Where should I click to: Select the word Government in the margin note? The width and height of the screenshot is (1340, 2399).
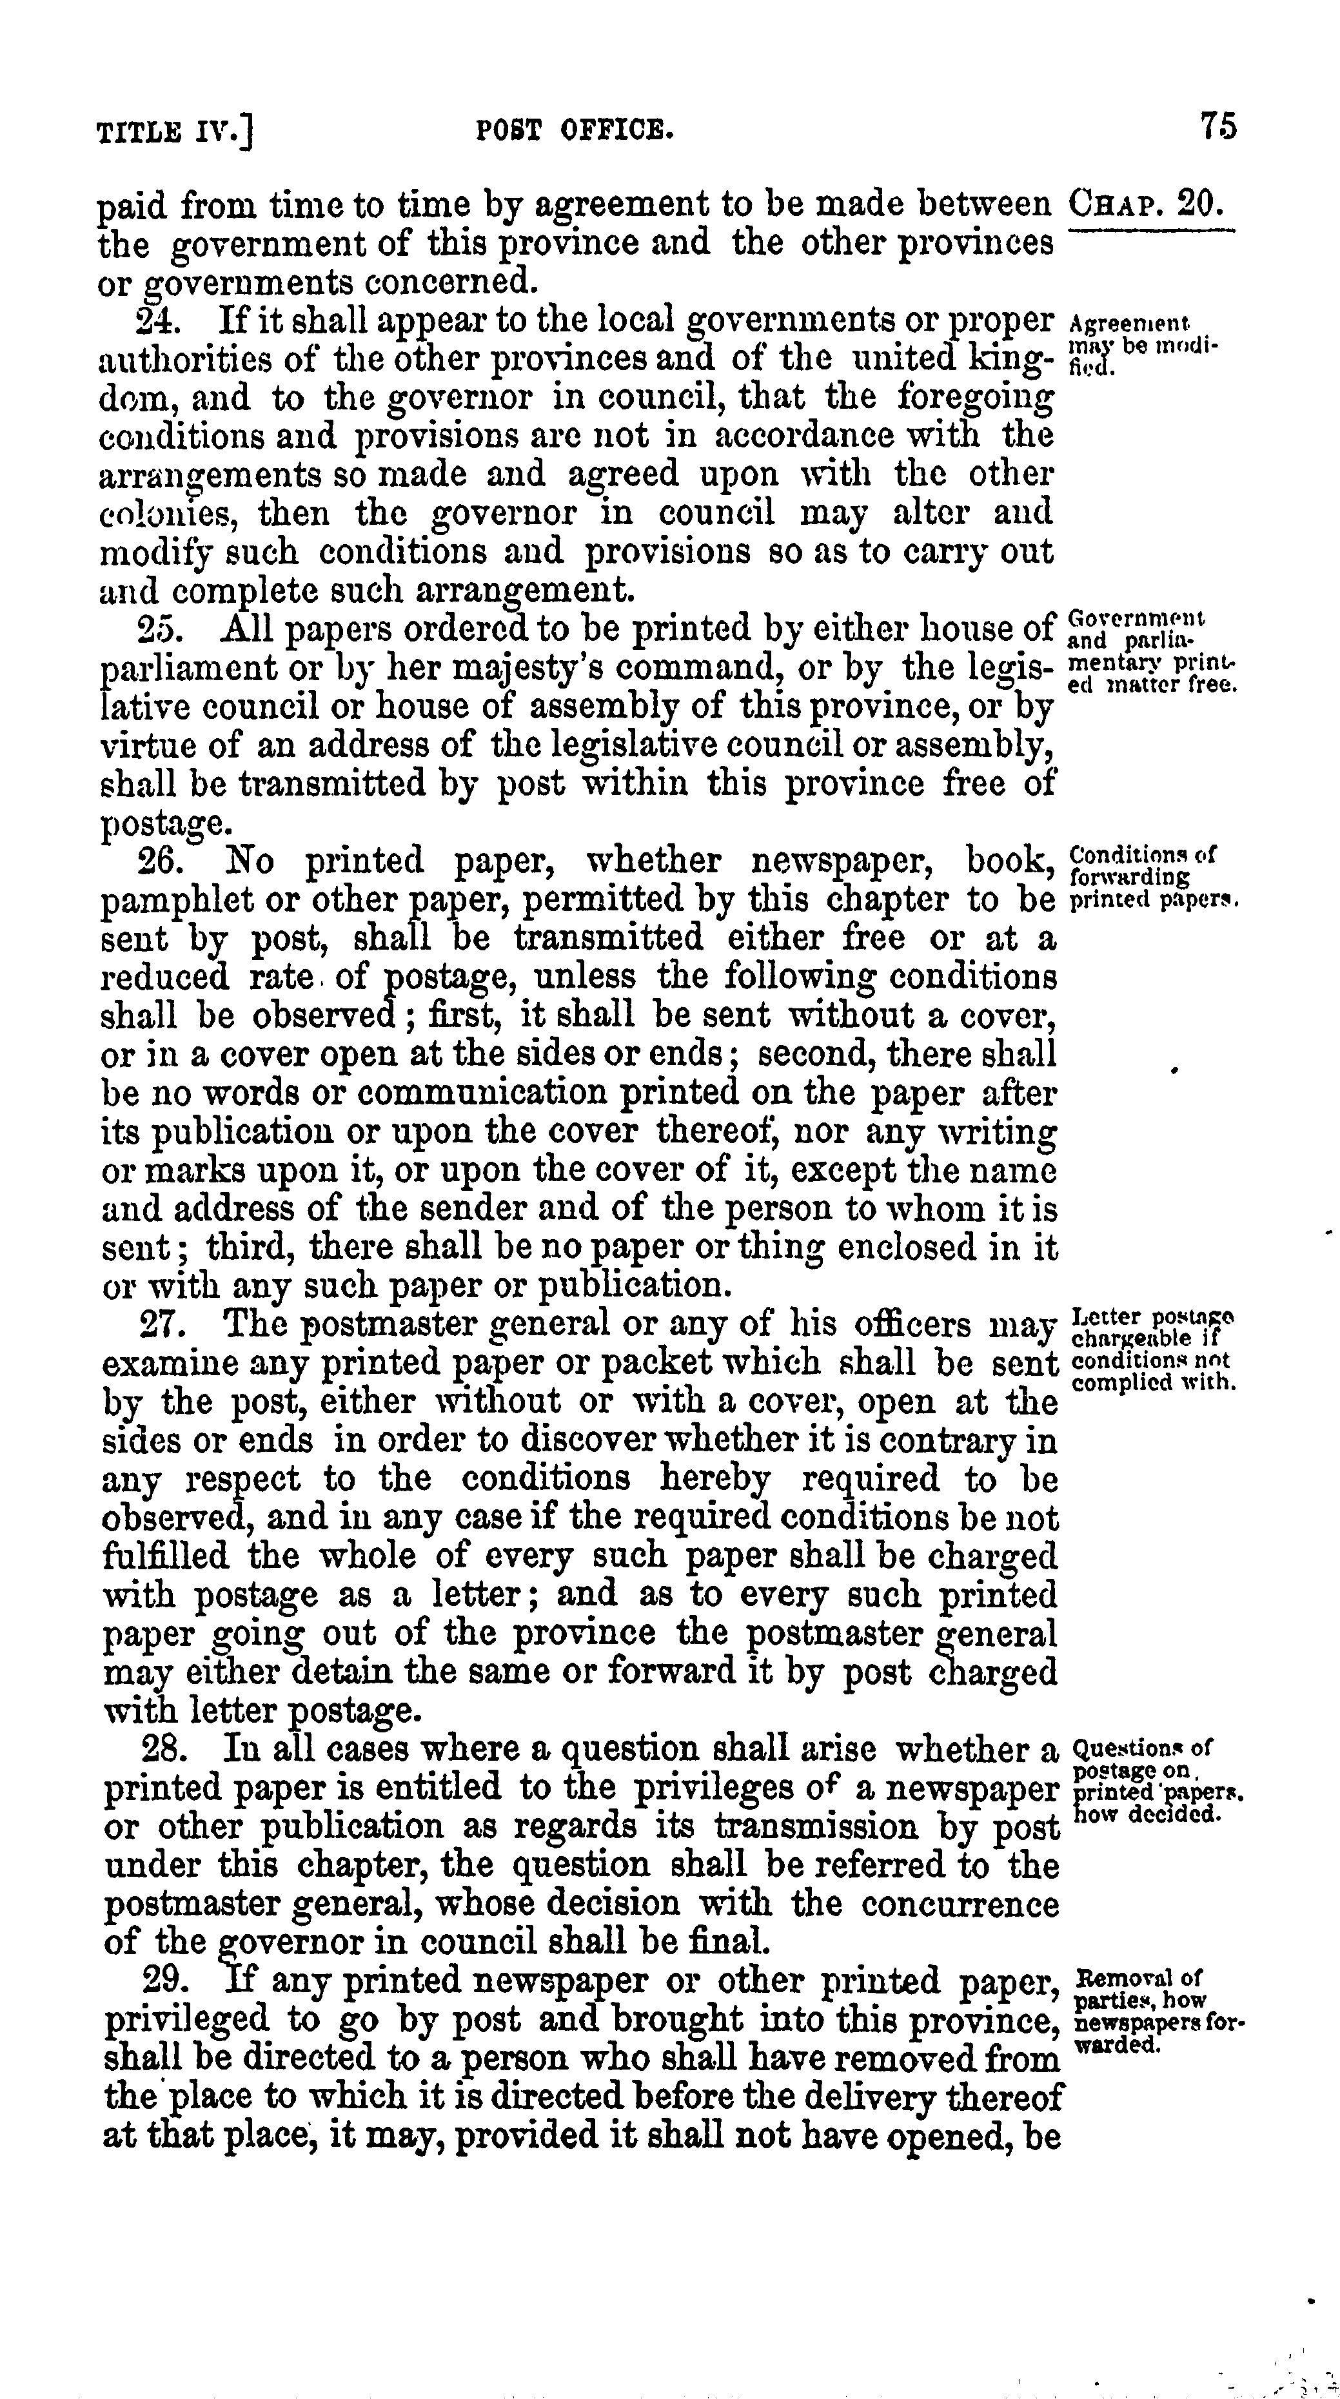[x=1136, y=618]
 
